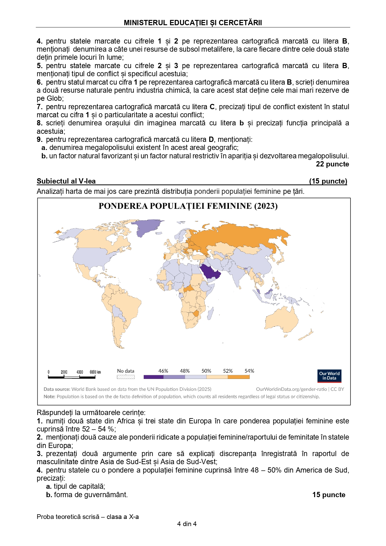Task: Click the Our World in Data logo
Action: pos(329,376)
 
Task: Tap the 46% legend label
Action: pos(163,371)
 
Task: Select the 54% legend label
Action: pos(249,371)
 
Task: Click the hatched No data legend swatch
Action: pos(126,377)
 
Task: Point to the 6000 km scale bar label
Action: pos(95,372)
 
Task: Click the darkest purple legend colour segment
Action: pos(153,377)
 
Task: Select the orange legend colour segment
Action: pos(239,377)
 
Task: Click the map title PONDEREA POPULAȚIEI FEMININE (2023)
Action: pos(188,206)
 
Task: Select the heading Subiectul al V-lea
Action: pos(66,181)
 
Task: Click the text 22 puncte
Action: pos(332,164)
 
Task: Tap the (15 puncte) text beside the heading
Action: pos(328,181)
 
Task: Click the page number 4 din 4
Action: pos(187,524)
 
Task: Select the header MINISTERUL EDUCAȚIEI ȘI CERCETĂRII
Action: pos(193,23)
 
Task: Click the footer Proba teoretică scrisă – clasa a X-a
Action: pos(88,517)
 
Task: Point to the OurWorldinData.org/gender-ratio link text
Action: pos(291,389)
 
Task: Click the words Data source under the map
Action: pos(57,389)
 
